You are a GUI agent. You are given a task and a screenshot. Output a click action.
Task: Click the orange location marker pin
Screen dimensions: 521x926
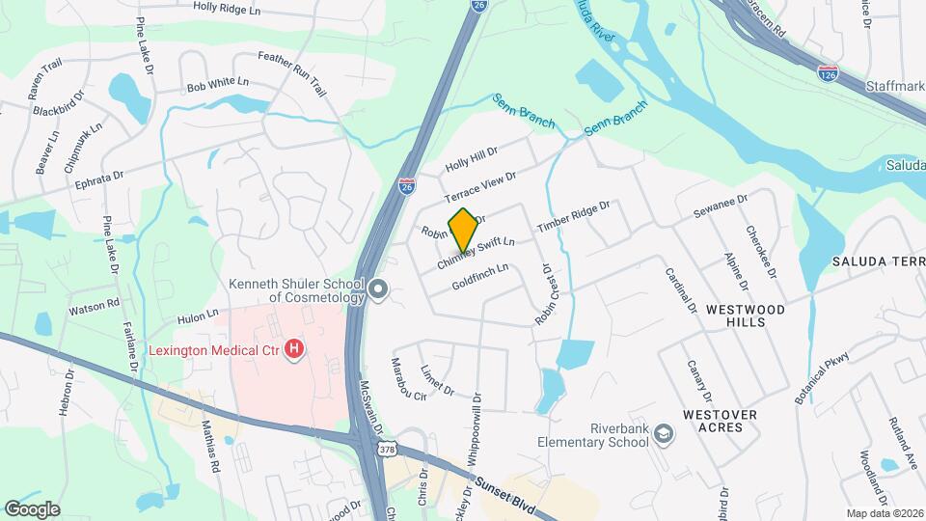tap(463, 231)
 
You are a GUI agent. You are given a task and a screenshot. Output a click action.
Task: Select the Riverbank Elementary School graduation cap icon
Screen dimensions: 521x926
tap(663, 434)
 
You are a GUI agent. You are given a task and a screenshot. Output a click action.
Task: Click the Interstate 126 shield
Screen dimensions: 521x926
tap(827, 72)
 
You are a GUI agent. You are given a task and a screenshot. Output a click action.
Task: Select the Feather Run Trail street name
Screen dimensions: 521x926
tap(292, 73)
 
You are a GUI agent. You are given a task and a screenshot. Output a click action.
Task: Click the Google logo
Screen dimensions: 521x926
tap(32, 509)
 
